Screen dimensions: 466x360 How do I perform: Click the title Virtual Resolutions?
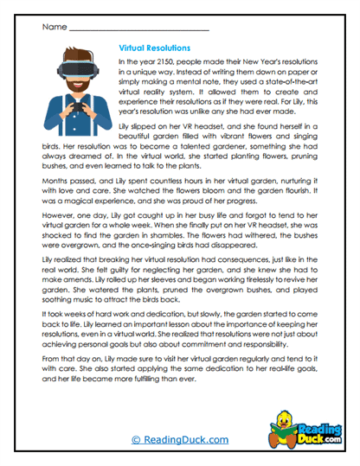tap(153, 48)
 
